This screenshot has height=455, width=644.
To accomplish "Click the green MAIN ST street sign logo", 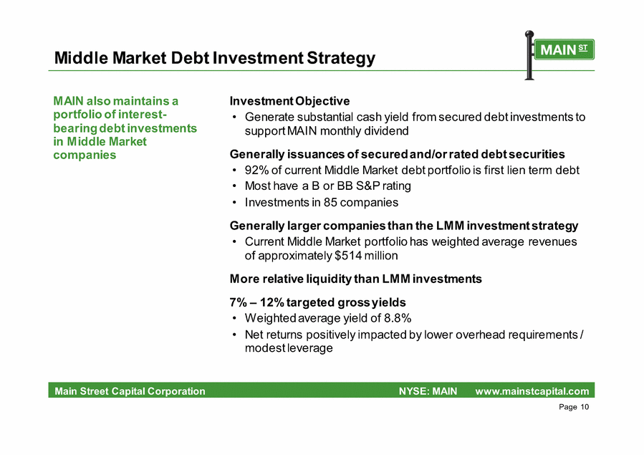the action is click(564, 49).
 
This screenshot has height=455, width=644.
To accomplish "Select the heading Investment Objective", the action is click(289, 101).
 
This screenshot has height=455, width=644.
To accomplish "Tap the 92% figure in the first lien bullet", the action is click(256, 170).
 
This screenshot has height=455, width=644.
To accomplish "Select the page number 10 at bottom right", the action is click(585, 407).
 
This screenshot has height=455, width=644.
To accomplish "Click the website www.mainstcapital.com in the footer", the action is click(532, 391).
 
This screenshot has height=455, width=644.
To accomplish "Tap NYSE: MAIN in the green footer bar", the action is click(428, 391).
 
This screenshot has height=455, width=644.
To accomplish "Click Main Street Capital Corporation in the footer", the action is click(130, 391).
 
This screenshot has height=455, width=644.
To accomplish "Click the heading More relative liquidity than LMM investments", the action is click(356, 279).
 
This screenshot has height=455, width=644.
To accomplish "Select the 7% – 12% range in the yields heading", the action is click(256, 302).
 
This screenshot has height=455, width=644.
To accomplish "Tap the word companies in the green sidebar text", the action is click(85, 155).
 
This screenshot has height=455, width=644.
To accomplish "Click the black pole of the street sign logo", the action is click(529, 55).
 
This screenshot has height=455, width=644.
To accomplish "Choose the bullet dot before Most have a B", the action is click(234, 186).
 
